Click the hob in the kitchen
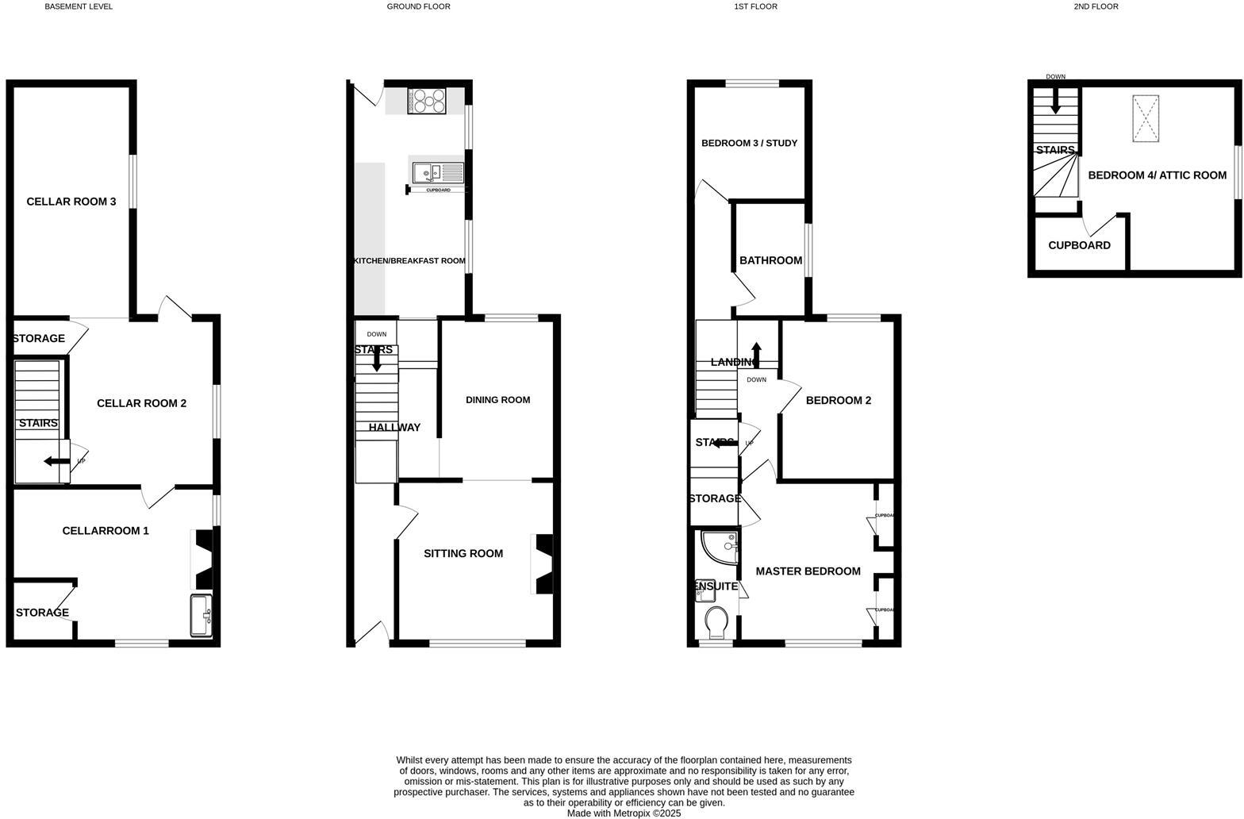point(427,101)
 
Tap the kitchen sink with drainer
point(437,172)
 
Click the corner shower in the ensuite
point(720,547)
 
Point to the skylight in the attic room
point(1145,118)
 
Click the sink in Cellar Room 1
point(202,615)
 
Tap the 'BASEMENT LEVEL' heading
point(79,6)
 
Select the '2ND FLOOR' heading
point(1096,6)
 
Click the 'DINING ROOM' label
point(497,400)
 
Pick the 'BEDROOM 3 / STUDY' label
point(749,144)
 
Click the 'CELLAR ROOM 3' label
point(71,202)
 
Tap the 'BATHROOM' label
point(770,260)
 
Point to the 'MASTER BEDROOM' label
point(808,571)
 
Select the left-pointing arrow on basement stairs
point(56,462)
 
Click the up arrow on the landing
point(756,354)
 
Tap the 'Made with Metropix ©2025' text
point(624,813)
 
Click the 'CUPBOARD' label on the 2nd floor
point(1079,245)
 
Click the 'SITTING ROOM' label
point(463,554)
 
